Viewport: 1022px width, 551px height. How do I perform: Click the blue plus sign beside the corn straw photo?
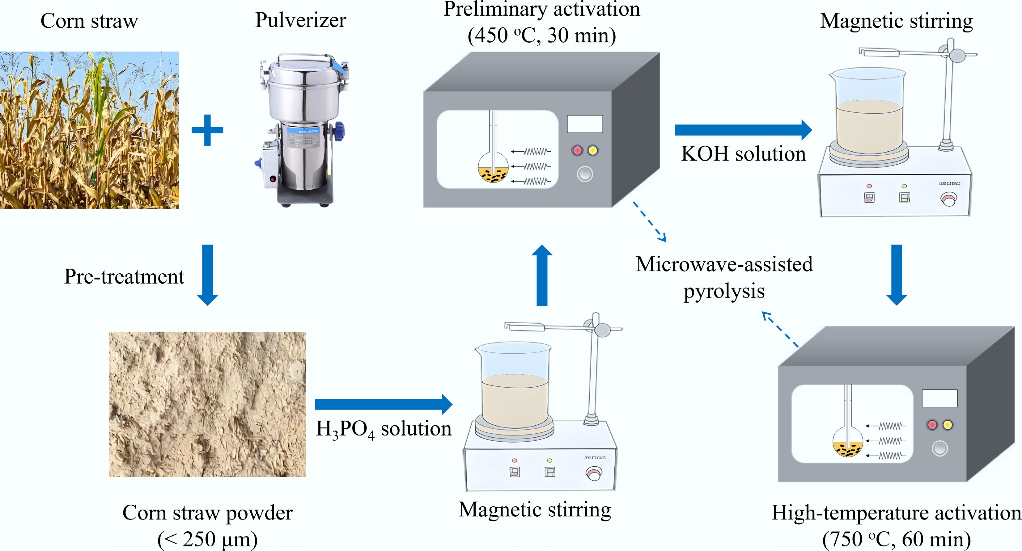207,130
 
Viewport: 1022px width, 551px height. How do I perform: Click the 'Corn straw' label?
89,21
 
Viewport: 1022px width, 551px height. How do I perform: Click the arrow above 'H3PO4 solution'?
383,404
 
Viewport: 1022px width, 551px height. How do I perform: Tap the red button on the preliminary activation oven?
577,151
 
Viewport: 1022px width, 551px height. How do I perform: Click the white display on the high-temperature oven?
939,398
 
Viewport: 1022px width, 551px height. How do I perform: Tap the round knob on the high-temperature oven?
939,448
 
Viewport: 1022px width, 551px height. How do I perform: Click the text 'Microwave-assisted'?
724,264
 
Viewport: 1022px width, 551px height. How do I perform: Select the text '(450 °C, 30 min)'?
541,36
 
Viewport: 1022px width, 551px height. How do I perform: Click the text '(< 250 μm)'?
207,539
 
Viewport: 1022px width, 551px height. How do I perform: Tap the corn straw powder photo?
207,404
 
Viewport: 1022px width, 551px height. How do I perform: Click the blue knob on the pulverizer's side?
339,131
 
